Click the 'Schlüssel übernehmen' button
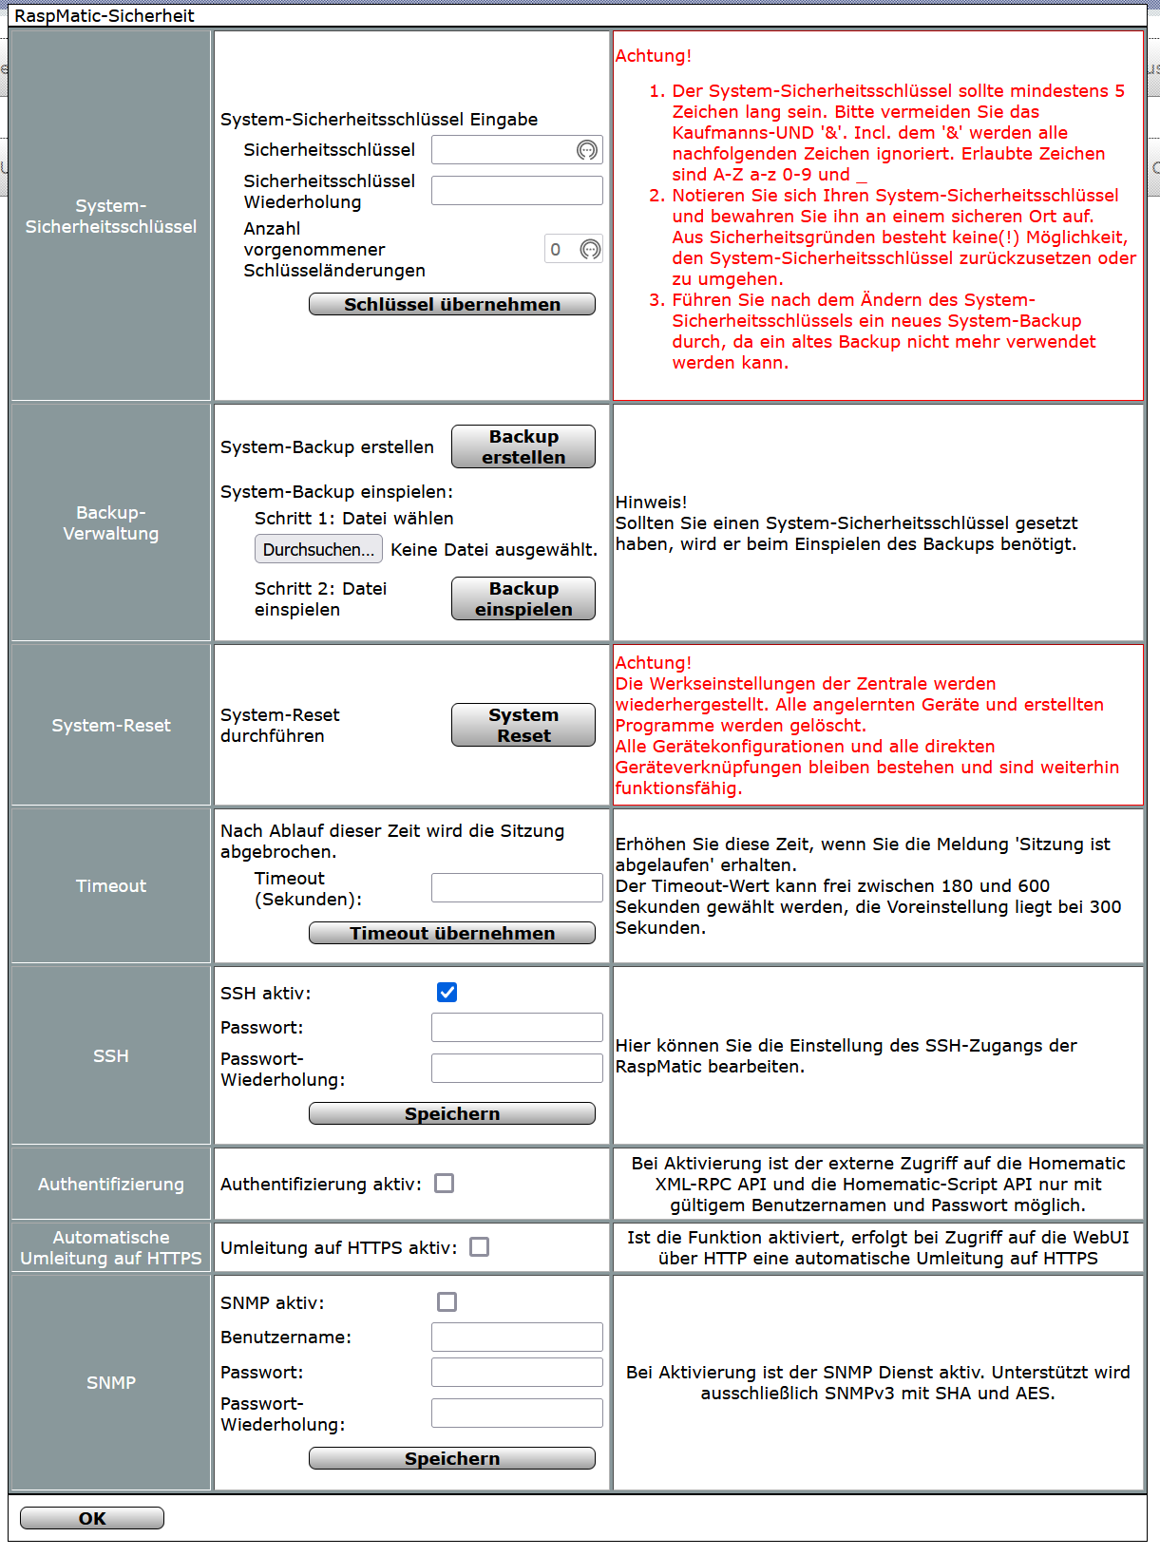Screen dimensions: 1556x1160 point(451,304)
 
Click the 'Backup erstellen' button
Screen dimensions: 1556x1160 point(523,446)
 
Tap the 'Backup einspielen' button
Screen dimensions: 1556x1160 point(523,598)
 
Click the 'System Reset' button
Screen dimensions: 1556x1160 point(523,725)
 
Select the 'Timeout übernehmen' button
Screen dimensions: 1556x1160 point(451,933)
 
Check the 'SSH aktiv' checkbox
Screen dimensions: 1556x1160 point(447,993)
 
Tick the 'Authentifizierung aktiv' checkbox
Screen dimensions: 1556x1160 point(444,1184)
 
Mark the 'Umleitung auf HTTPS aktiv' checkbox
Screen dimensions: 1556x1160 point(480,1247)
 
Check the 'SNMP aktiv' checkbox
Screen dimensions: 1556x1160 point(447,1302)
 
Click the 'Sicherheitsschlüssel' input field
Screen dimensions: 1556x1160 point(504,150)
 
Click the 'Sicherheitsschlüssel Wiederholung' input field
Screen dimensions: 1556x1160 point(517,190)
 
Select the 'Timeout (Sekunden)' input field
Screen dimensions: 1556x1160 point(517,887)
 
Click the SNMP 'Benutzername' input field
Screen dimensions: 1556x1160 point(517,1337)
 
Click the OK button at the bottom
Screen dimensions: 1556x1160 point(92,1518)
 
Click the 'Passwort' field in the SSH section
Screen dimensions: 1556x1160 point(517,1027)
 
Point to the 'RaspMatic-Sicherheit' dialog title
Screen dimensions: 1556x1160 point(105,15)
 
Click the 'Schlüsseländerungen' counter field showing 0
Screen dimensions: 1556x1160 point(561,250)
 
